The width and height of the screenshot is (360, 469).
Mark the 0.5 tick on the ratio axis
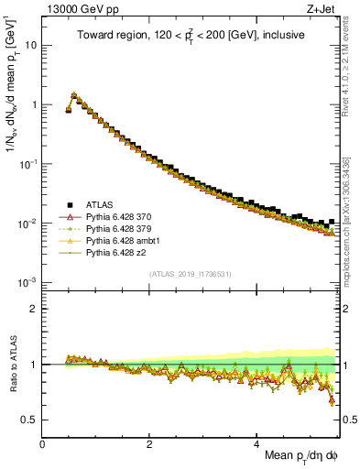click(x=30, y=420)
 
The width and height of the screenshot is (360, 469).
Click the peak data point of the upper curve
click(x=73, y=94)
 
